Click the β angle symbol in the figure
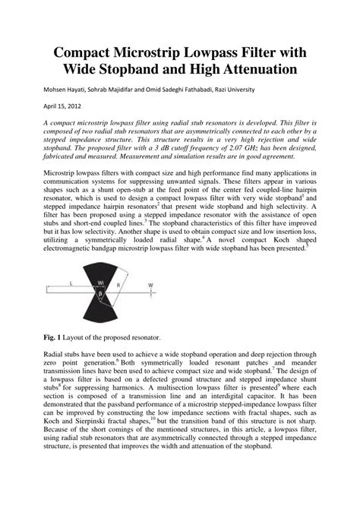coord(100,293)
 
